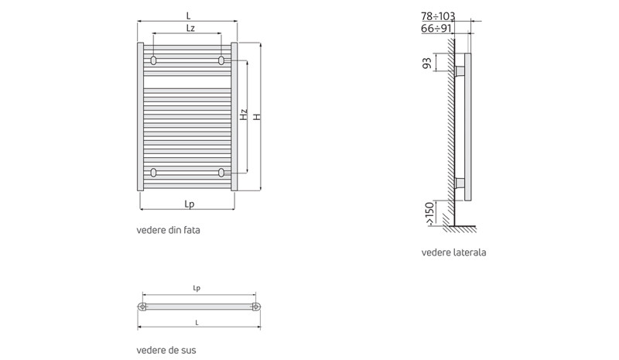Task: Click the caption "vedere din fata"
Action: click(x=168, y=230)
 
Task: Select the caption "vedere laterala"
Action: click(x=453, y=252)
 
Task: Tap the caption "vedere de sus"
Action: click(x=166, y=350)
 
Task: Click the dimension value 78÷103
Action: click(x=438, y=16)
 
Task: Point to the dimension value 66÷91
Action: click(x=436, y=29)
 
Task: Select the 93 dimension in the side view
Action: click(x=427, y=63)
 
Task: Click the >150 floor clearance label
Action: click(x=429, y=214)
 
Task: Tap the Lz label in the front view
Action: click(x=190, y=28)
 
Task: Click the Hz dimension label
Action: click(x=244, y=115)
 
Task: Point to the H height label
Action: click(x=257, y=117)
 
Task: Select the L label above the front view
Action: click(x=188, y=15)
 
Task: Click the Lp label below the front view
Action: click(x=189, y=204)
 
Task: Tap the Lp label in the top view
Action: click(x=197, y=288)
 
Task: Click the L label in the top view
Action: click(x=197, y=323)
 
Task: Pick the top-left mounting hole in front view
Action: click(x=153, y=60)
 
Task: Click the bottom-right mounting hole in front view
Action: click(x=221, y=173)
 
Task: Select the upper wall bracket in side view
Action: click(x=460, y=71)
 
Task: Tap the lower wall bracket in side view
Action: click(x=460, y=183)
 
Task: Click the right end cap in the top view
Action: click(x=257, y=307)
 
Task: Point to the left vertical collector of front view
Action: click(x=140, y=117)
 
